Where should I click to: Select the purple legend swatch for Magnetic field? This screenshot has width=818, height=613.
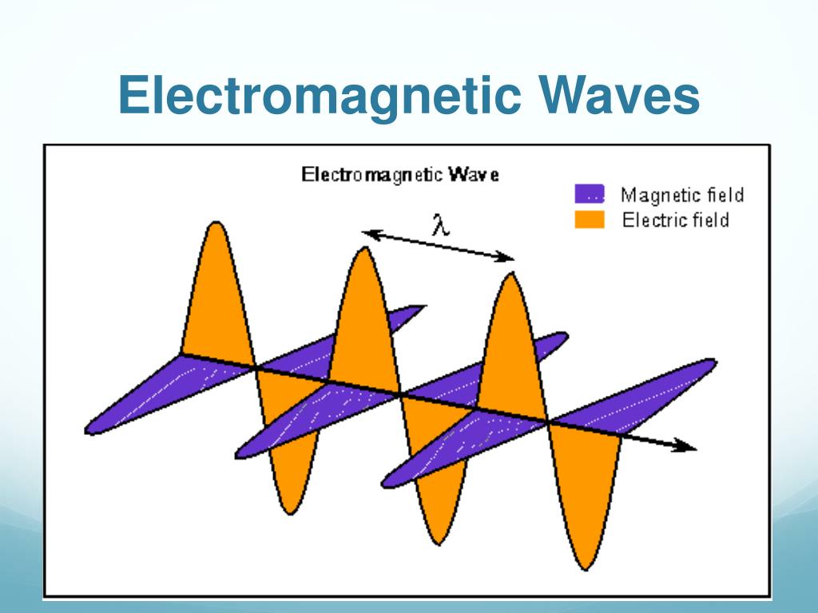point(590,194)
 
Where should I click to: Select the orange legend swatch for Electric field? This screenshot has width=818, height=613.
point(590,219)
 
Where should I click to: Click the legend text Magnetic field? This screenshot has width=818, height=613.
point(682,194)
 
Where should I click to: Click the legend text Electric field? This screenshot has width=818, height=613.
point(676,219)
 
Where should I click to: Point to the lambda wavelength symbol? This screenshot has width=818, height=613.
point(440,223)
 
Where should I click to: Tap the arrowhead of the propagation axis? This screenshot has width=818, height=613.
point(689,446)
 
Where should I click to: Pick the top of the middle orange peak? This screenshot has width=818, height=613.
point(363,250)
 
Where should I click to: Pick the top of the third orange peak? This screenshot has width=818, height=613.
point(509,275)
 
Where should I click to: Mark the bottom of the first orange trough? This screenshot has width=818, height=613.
point(289,511)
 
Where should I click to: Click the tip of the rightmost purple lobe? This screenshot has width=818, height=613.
point(713,363)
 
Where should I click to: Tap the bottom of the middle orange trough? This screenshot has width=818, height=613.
point(436,543)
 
